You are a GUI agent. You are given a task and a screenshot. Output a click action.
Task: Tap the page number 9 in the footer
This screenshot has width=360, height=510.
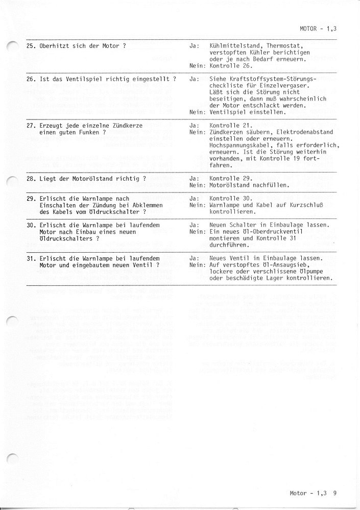(334, 493)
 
